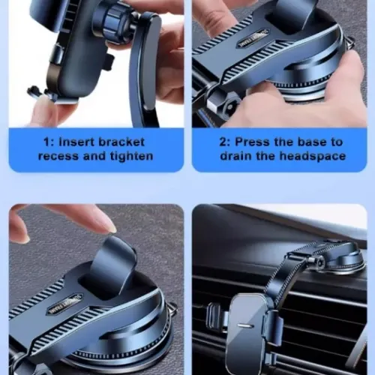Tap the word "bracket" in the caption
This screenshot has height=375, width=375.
click(121, 142)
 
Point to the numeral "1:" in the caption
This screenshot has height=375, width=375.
click(49, 142)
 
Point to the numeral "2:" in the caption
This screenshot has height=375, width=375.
click(226, 142)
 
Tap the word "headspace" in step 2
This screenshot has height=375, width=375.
click(313, 156)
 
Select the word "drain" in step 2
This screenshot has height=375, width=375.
click(235, 156)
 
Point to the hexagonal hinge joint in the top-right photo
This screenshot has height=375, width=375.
click(226, 106)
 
